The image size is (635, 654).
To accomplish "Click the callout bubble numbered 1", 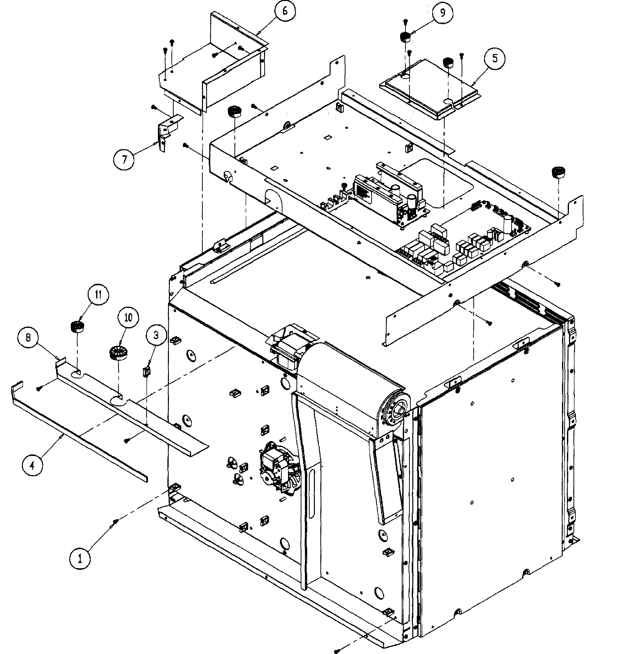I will [80, 558].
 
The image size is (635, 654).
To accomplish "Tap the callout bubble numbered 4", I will [32, 465].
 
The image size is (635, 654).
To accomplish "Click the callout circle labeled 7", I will [124, 159].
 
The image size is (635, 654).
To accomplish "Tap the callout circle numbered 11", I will [98, 295].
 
